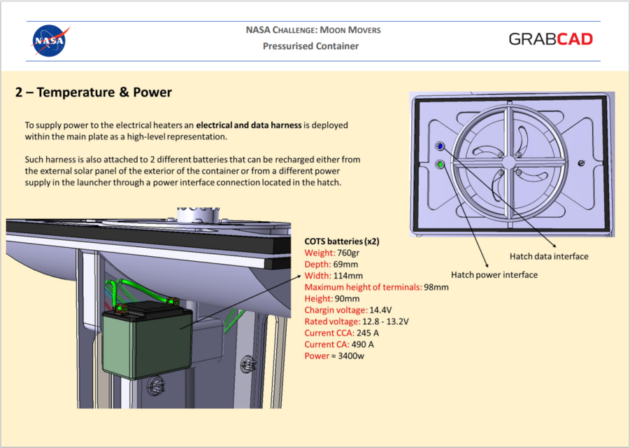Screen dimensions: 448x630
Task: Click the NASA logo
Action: pos(51,41)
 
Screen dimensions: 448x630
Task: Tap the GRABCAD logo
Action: pos(550,39)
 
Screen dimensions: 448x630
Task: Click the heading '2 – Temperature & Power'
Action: pos(94,92)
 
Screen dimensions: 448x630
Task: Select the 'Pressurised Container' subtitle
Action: pos(310,46)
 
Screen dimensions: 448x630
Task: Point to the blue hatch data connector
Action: pos(440,146)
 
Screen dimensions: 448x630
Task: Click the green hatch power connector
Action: pos(440,164)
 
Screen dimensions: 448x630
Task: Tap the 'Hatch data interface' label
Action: pos(549,256)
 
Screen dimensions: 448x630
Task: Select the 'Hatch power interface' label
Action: pos(494,274)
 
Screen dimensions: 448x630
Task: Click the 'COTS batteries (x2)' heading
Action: pos(343,241)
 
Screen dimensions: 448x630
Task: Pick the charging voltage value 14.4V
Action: pos(380,309)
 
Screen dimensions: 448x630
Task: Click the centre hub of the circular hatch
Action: pos(508,160)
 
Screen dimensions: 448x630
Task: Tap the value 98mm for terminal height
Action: pos(436,286)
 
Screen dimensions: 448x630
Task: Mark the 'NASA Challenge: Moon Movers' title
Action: pos(313,30)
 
